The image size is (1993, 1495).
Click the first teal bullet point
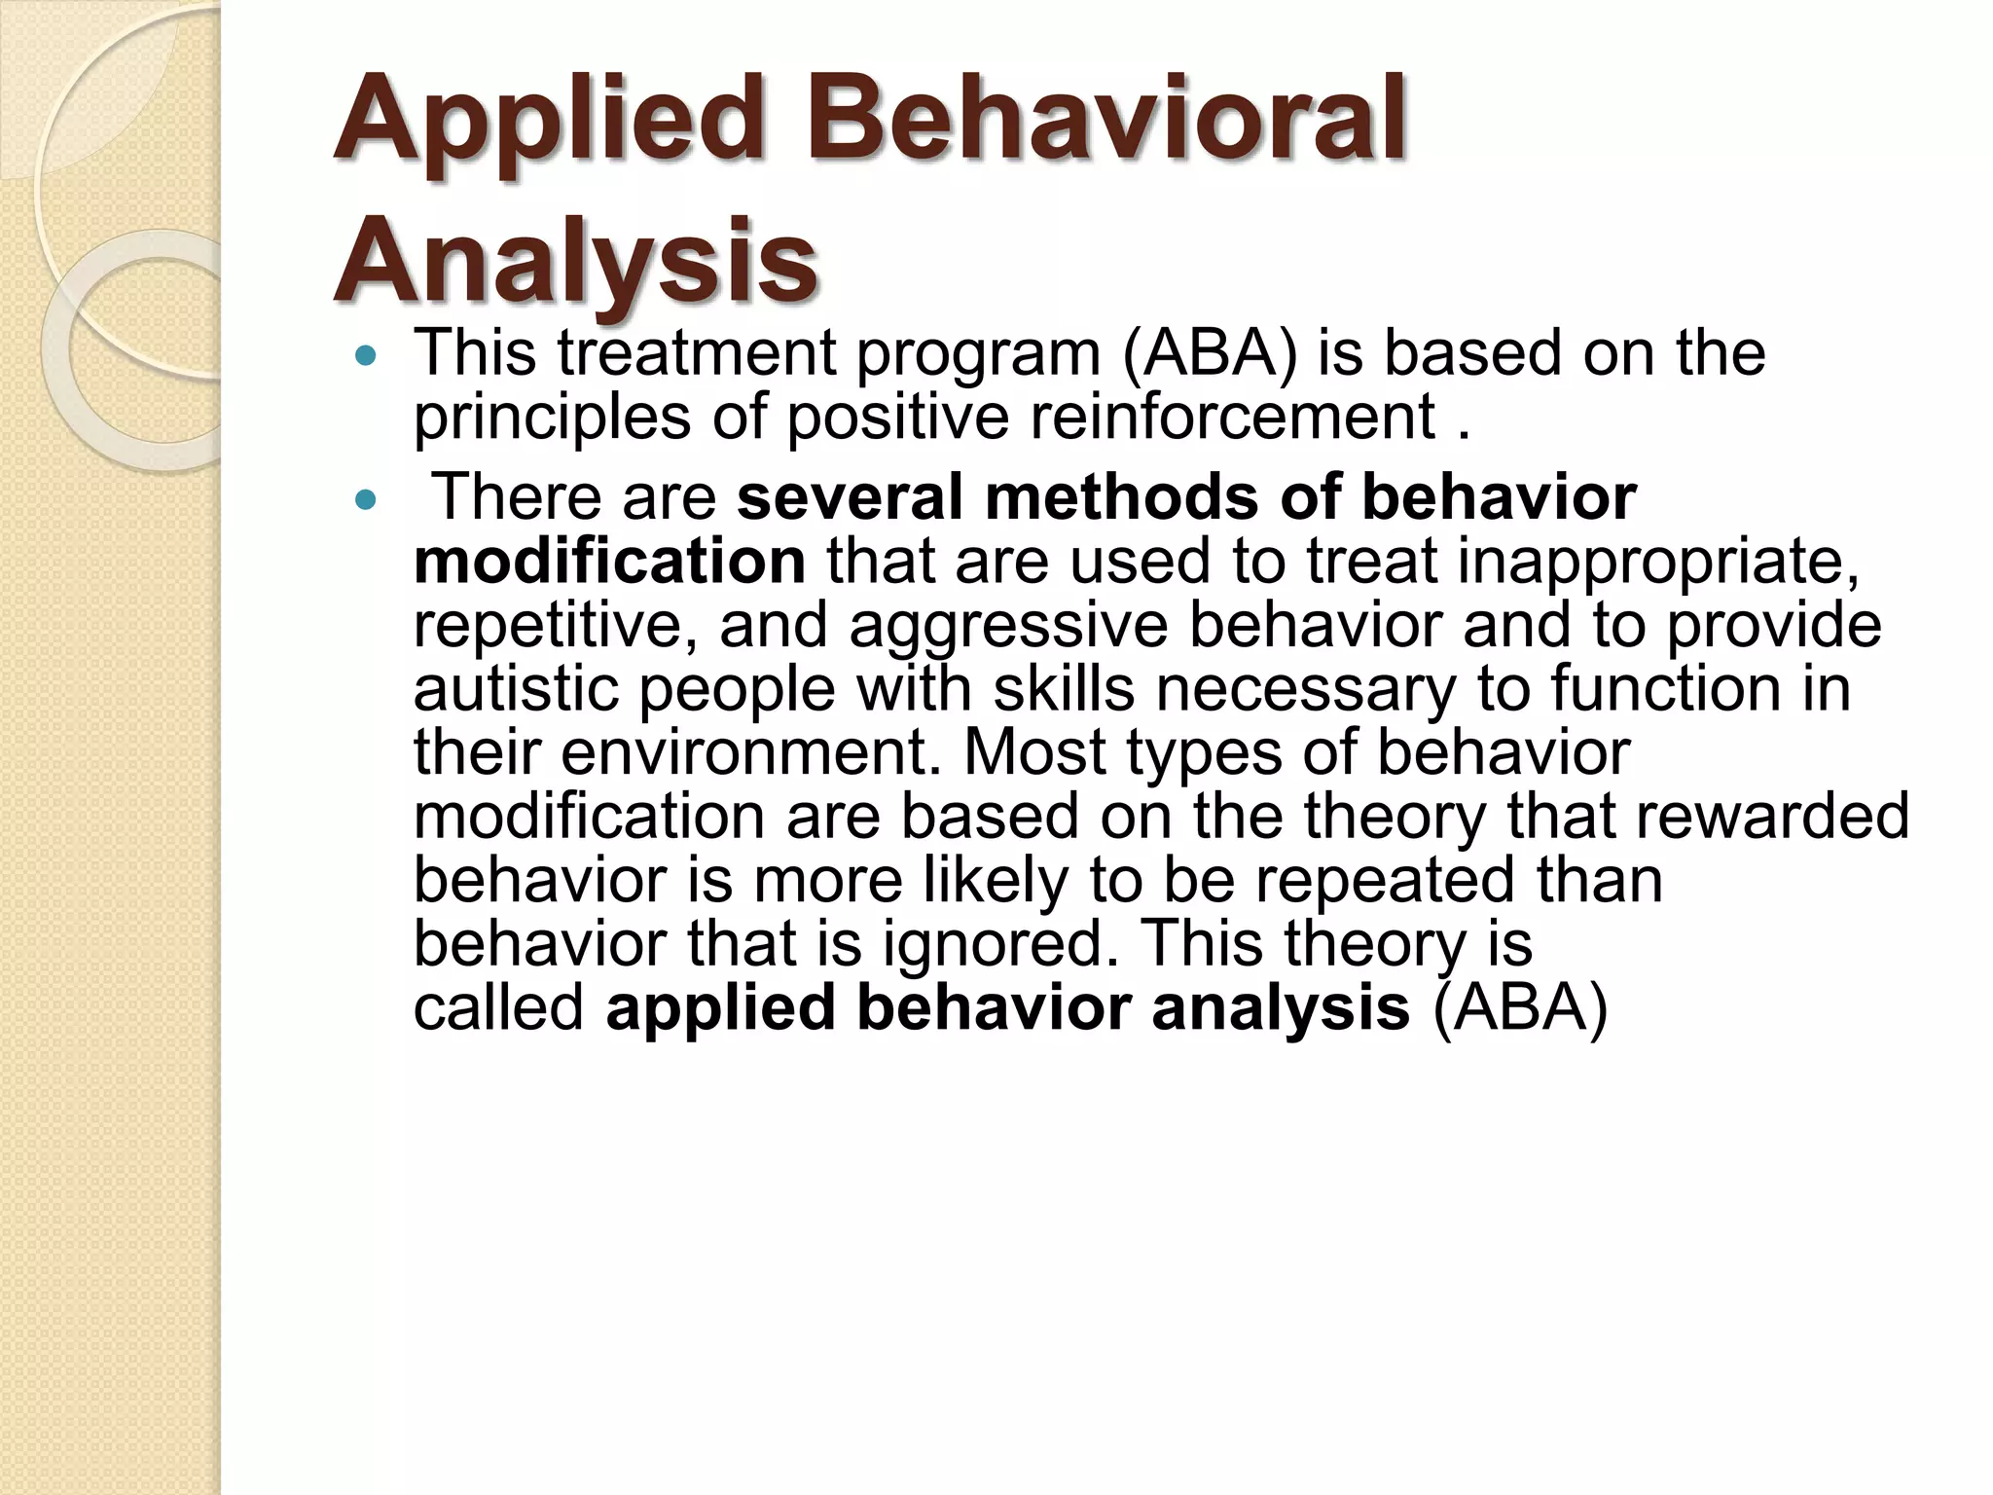pyautogui.click(x=366, y=356)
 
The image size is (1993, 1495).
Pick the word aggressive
pyautogui.click(x=1007, y=627)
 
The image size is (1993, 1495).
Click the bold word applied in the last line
pyautogui.click(x=720, y=1007)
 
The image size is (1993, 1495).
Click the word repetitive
pyautogui.click(x=555, y=627)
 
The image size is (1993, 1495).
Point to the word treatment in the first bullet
pyautogui.click(x=696, y=352)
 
